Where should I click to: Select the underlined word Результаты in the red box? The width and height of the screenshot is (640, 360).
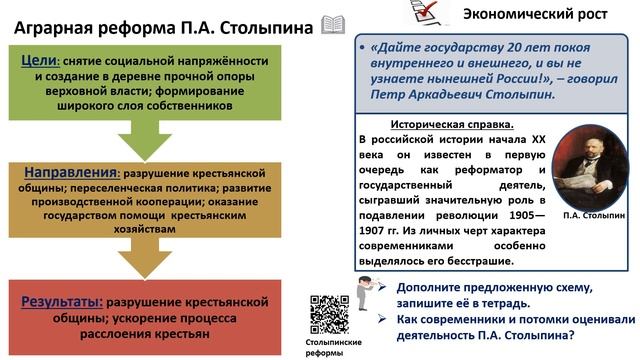pos(65,301)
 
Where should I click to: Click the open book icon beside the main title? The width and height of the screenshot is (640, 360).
pos(332,23)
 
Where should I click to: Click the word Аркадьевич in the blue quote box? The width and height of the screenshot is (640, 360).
pos(459,93)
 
